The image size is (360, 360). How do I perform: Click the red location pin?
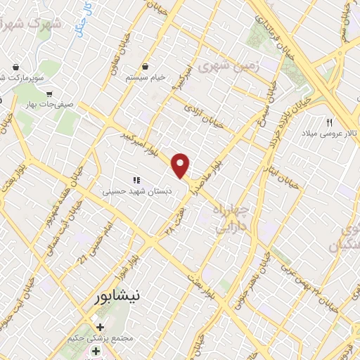click(181, 165)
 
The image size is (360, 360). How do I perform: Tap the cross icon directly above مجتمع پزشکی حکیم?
click(101, 327)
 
